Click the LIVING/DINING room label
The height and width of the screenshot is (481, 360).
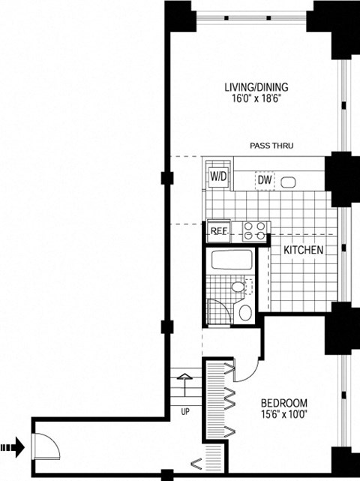point(256,87)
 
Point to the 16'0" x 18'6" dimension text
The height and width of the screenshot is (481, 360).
point(256,99)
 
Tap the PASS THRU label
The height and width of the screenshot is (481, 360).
point(271,146)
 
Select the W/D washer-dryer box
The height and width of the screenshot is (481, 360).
point(219,177)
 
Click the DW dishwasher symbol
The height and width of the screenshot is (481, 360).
point(265,180)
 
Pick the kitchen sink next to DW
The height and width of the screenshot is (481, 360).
point(288,182)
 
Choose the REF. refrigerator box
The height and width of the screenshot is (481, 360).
point(219,230)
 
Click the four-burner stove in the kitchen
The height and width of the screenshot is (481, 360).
point(254,231)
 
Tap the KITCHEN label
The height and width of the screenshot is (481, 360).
point(303,250)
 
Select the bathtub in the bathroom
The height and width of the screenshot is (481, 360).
point(232,260)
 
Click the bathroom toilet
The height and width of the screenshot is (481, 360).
point(244,311)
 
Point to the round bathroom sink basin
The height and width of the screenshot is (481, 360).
point(238,287)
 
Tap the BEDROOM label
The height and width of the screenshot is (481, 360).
point(284,403)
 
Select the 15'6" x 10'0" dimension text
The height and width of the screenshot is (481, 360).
point(284,415)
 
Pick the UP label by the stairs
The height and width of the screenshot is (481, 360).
point(185,412)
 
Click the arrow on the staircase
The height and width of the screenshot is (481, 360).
point(184,385)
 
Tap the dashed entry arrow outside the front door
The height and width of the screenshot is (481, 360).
point(12,447)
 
